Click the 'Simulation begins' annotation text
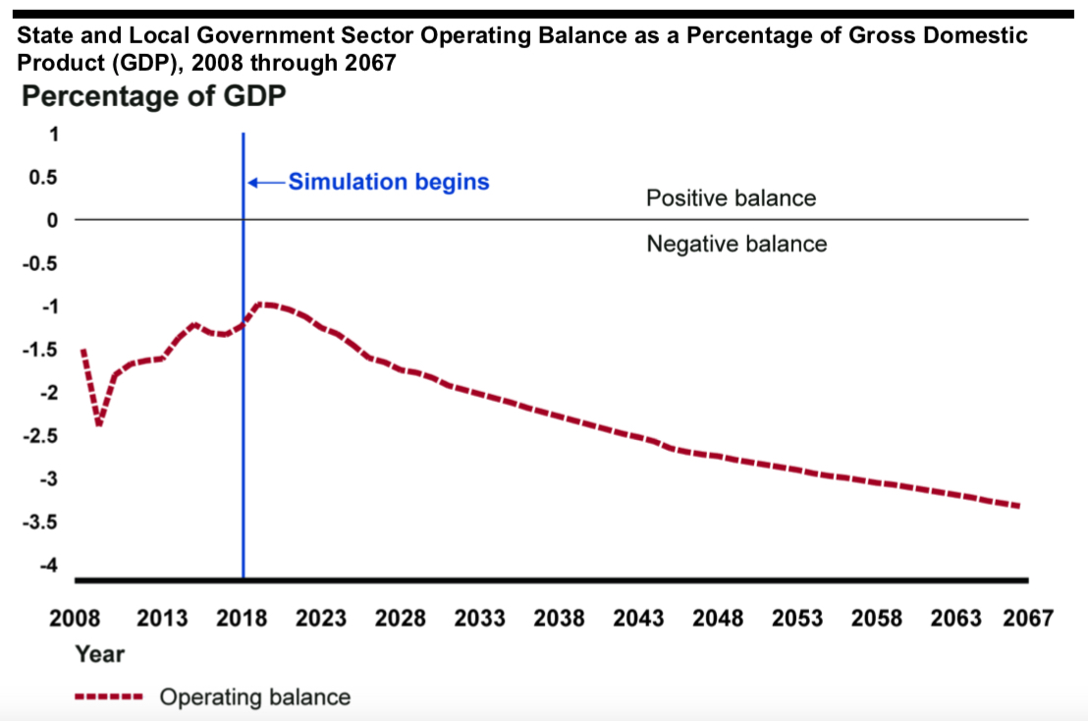click(389, 182)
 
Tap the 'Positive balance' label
click(731, 197)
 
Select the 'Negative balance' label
click(736, 243)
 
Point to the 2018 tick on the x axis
click(242, 618)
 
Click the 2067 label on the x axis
click(1028, 618)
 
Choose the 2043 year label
click(638, 618)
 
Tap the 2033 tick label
click(480, 618)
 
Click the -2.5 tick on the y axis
click(40, 435)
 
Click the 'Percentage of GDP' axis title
click(153, 97)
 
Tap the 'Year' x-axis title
click(99, 653)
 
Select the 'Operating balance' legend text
click(254, 697)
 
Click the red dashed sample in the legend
click(110, 697)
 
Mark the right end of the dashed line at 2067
click(1019, 506)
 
